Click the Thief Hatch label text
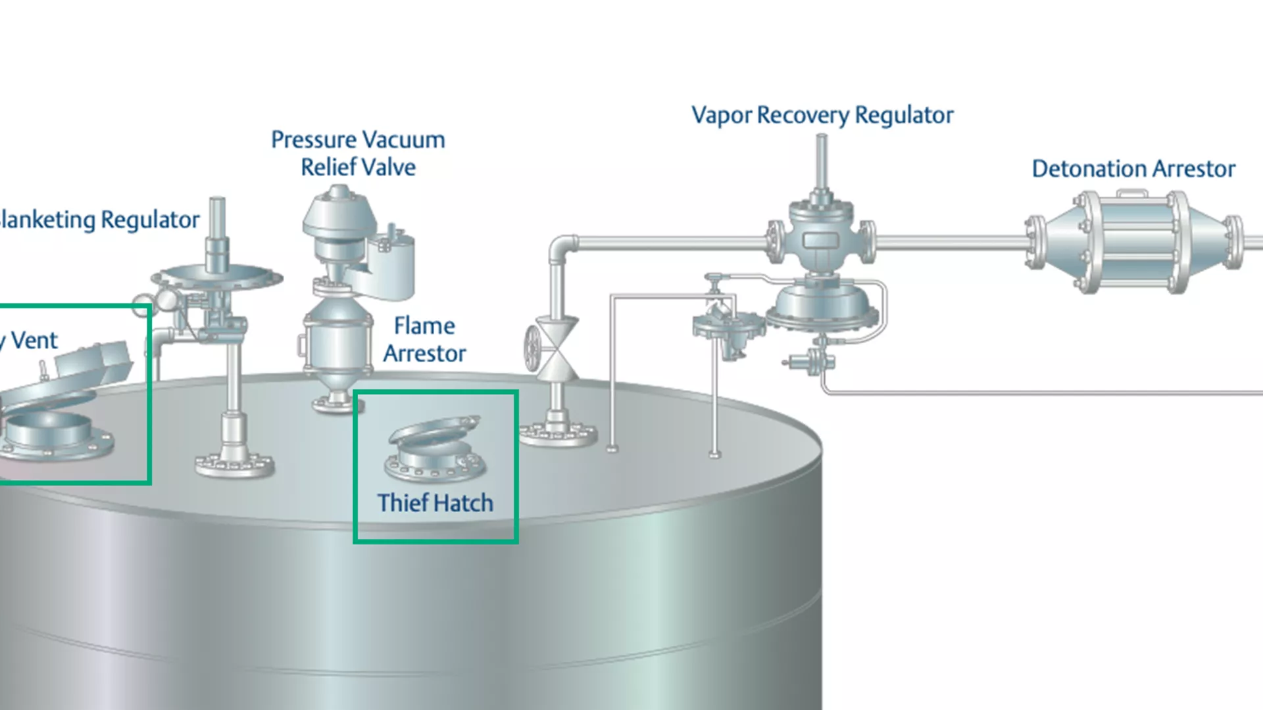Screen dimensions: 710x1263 point(435,503)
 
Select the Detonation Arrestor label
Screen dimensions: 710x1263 point(1133,169)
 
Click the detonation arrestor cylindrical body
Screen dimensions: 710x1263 point(1133,241)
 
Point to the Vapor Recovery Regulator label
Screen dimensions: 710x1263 point(822,115)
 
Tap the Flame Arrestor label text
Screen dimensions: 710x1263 point(424,340)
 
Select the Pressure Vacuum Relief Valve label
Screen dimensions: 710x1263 point(358,153)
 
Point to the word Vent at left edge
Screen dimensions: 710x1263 point(34,341)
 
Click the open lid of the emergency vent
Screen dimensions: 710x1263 point(66,381)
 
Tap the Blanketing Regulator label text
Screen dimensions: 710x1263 point(99,220)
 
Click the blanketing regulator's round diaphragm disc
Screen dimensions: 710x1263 point(217,276)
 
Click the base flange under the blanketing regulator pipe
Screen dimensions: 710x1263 point(234,463)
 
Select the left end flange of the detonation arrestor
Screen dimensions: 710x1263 point(1035,242)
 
